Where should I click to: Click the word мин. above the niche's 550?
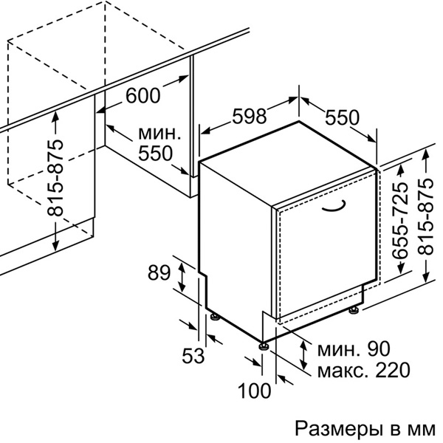point(159,134)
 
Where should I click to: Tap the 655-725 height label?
point(399,221)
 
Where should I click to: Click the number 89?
point(158,273)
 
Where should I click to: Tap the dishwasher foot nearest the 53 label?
point(215,317)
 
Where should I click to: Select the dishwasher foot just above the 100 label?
point(263,344)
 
